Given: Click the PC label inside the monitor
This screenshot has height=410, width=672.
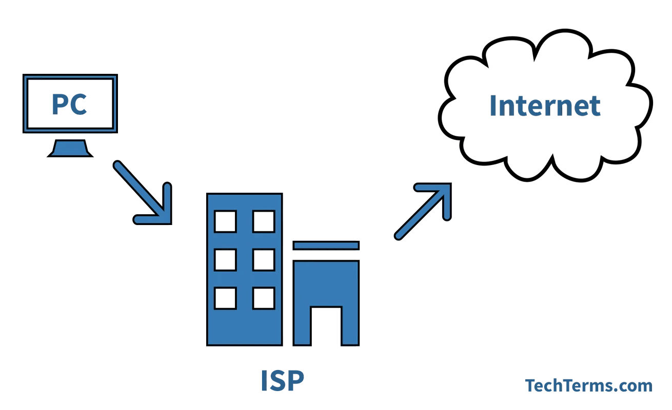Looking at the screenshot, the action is click(69, 104).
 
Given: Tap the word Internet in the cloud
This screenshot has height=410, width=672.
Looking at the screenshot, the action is click(545, 105).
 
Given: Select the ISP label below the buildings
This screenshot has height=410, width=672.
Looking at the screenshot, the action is click(283, 380).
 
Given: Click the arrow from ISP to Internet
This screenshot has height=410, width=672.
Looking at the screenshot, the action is click(424, 211).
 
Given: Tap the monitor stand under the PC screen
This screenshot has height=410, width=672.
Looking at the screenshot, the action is click(70, 148).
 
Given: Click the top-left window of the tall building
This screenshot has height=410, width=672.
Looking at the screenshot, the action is click(225, 221).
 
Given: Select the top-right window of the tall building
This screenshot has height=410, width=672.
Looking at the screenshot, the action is click(264, 221).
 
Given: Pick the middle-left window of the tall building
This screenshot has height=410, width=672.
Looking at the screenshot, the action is click(225, 260).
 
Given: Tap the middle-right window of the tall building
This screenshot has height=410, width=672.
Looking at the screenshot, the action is click(264, 260).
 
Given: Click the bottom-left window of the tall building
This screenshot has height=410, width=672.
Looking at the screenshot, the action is click(225, 298).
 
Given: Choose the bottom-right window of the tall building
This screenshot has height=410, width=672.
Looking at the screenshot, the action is click(264, 298).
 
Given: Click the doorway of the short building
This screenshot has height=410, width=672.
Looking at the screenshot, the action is click(326, 326).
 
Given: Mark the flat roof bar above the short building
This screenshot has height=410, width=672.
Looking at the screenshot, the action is click(326, 245).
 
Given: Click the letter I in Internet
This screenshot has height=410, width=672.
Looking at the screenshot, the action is click(492, 105).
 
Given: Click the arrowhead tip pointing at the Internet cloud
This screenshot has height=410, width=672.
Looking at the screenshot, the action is click(451, 183).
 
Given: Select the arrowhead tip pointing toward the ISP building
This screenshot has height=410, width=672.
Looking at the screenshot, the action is click(171, 223).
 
